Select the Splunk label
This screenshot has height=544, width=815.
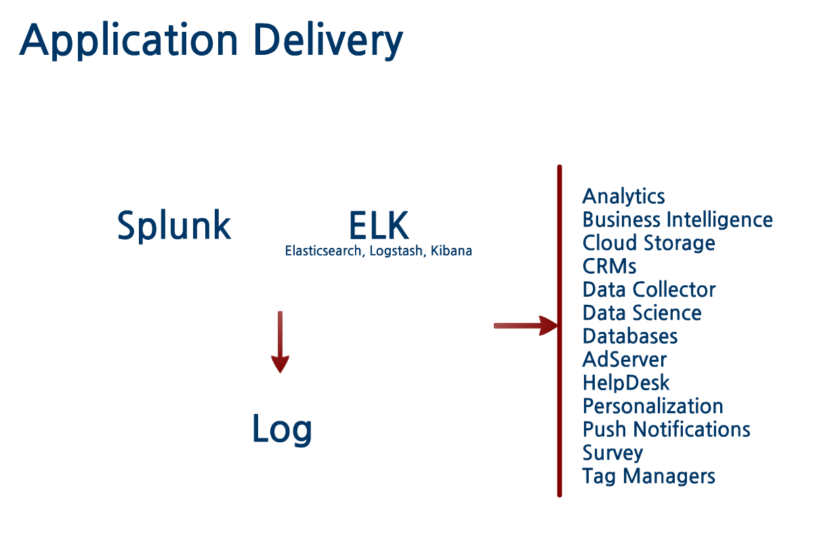coord(174,225)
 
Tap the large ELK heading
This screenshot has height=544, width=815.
coord(379,225)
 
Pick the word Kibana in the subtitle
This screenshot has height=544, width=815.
coord(451,251)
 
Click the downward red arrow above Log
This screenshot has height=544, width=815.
coord(280,342)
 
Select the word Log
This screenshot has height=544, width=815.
coord(282,429)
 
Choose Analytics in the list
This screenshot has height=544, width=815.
coord(623,196)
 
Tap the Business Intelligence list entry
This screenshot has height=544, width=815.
coord(677,219)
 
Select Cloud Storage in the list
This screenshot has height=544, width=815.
coord(648,243)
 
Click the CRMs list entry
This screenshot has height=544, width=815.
coord(609,266)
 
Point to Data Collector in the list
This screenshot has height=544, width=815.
coord(648,289)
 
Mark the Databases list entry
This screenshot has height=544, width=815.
coord(629,336)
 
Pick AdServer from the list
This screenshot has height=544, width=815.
coord(624,359)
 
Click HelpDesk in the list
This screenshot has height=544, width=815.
coord(625,383)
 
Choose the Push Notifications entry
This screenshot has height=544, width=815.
coord(666,430)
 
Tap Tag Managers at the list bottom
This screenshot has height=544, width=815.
coord(648,476)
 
